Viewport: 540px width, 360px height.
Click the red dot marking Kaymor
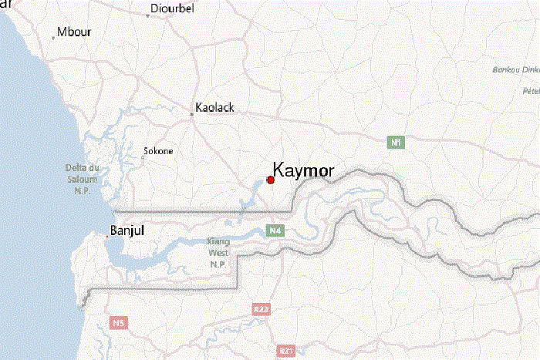pyautogui.click(x=271, y=180)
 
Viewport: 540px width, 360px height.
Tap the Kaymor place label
pyautogui.click(x=303, y=170)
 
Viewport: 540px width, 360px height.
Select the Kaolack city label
pyautogui.click(x=215, y=107)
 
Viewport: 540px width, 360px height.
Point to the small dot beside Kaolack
pyautogui.click(x=192, y=114)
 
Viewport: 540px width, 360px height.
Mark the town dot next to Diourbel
pyautogui.click(x=148, y=15)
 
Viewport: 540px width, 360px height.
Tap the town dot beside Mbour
pyautogui.click(x=53, y=36)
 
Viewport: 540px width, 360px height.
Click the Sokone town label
pyautogui.click(x=158, y=151)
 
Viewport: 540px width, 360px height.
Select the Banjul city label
pyautogui.click(x=128, y=230)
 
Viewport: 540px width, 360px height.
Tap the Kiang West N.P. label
pyautogui.click(x=218, y=252)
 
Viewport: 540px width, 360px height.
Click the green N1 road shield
pyautogui.click(x=396, y=142)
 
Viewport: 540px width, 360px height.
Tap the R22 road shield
pyautogui.click(x=262, y=309)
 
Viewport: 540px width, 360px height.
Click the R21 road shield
pyautogui.click(x=287, y=351)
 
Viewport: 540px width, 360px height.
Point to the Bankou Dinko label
pyautogui.click(x=515, y=70)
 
